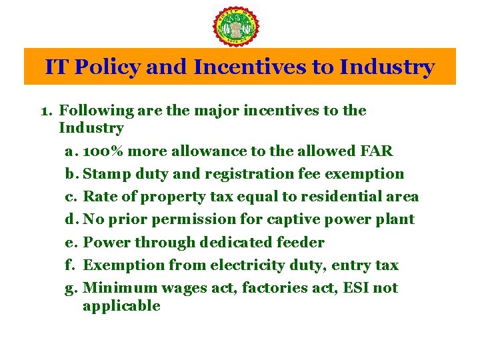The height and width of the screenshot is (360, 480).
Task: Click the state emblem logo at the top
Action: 236,26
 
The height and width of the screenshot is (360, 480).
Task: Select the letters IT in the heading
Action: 56,67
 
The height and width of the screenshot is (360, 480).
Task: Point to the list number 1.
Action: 46,111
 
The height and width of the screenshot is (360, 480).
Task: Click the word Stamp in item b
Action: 105,174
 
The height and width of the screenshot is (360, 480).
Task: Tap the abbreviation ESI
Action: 357,288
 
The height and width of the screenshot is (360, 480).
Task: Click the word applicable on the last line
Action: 121,307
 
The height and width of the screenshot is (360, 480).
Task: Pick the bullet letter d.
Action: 70,219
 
